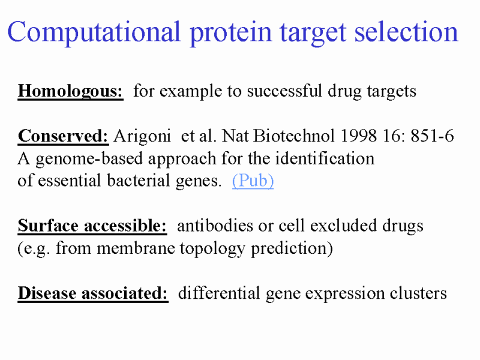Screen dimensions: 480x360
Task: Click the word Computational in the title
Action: point(94,32)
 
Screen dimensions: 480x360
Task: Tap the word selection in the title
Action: point(406,32)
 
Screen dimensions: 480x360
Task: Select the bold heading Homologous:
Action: point(70,91)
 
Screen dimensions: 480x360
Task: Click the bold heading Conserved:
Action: point(63,136)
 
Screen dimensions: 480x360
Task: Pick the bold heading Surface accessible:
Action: point(92,226)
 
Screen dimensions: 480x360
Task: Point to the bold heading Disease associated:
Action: point(93,293)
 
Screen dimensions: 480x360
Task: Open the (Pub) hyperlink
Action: point(253,181)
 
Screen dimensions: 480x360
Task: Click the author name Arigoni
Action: point(142,136)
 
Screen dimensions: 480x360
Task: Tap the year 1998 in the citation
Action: point(358,136)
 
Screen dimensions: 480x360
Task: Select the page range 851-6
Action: point(432,136)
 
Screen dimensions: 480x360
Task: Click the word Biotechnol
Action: point(293,136)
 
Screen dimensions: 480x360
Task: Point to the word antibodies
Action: point(215,226)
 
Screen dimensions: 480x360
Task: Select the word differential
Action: point(219,293)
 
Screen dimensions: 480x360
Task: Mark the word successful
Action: point(284,91)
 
